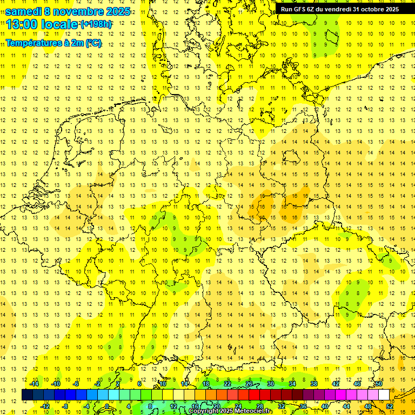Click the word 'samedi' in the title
[23, 11]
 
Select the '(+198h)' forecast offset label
[97, 25]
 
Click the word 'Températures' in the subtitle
[34, 43]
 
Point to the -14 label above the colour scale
[34, 384]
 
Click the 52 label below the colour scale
[390, 406]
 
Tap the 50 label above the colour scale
[379, 384]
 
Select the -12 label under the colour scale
[45, 406]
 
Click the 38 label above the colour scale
[314, 384]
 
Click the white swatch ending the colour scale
[384, 395]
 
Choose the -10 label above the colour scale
[56, 384]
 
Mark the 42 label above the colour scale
[336, 384]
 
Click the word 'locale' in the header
[59, 24]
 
